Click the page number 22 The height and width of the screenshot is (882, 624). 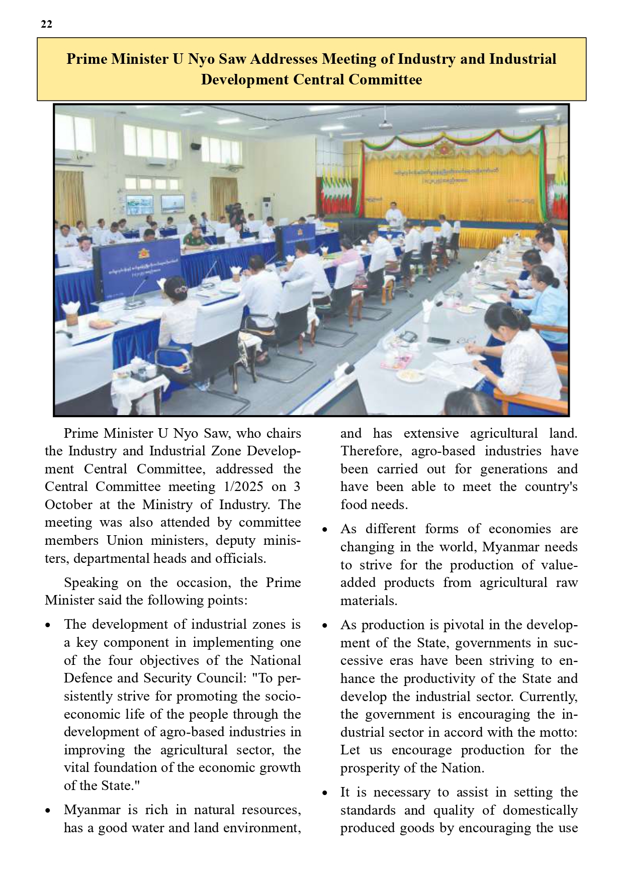point(46,24)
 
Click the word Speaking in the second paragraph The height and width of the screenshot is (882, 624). point(91,582)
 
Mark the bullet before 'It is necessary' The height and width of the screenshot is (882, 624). point(325,794)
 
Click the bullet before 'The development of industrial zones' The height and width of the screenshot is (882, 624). point(48,626)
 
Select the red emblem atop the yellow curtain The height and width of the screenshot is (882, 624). point(444,148)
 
